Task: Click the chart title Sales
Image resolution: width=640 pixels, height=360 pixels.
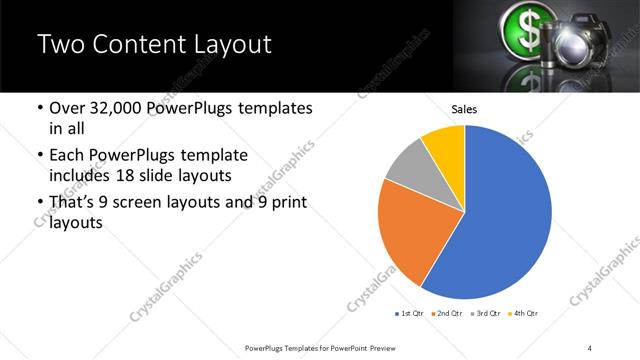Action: [x=464, y=109]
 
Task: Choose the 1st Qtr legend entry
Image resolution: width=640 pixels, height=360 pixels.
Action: [x=409, y=314]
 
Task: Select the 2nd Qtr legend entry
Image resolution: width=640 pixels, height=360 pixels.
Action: [x=446, y=314]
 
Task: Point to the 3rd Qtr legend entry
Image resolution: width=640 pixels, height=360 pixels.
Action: [x=485, y=314]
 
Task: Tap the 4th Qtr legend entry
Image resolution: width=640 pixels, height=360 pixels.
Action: [x=523, y=314]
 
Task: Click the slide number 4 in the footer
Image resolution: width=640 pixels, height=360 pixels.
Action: [x=590, y=347]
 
